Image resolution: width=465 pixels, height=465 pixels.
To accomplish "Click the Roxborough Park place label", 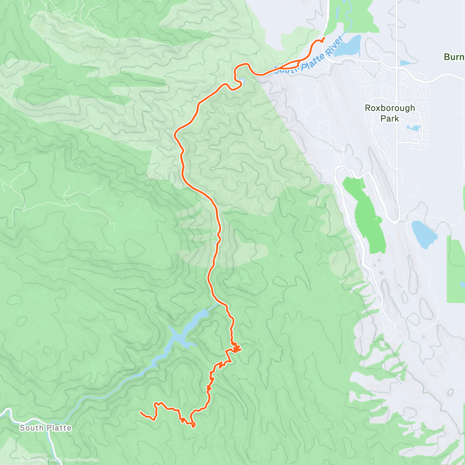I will (x=390, y=113).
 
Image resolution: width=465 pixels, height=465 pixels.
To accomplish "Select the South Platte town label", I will (x=46, y=428).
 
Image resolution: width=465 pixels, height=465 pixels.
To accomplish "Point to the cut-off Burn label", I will (x=454, y=57).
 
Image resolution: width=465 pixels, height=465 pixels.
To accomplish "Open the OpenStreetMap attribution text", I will (x=81, y=460).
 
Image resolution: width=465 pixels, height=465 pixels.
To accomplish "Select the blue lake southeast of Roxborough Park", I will (x=424, y=234).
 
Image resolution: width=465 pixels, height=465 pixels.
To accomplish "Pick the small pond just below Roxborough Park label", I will (x=414, y=128).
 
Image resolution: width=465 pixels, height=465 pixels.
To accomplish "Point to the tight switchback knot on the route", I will (x=235, y=348).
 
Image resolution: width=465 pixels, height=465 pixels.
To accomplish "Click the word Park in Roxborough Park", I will (x=390, y=119).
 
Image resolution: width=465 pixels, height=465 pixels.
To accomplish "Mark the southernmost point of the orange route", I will (x=193, y=426).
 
